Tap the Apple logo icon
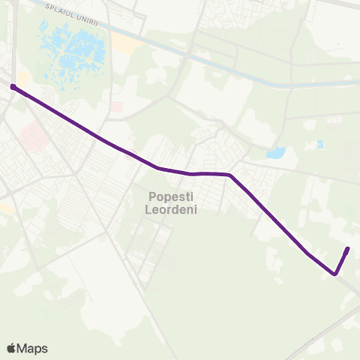click(x=12, y=348)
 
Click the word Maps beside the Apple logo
click(x=33, y=348)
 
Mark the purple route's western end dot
click(x=13, y=87)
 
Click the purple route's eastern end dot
click(x=347, y=249)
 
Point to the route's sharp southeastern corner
click(x=334, y=274)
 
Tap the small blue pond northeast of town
click(x=275, y=153)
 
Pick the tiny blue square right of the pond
click(x=320, y=143)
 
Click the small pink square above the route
click(x=117, y=107)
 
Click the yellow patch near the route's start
click(x=22, y=78)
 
